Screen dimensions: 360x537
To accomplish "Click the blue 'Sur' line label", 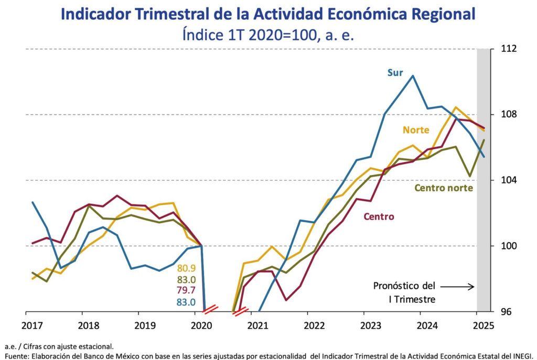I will point(395,73).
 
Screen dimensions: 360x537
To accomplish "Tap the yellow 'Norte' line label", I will point(416,130).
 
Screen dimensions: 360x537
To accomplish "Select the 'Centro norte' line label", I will point(444,188).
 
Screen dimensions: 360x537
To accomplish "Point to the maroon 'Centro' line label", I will point(379,216).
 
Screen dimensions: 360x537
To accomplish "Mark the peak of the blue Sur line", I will point(413,75).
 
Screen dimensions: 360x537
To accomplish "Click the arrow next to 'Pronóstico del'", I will point(457,287).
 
